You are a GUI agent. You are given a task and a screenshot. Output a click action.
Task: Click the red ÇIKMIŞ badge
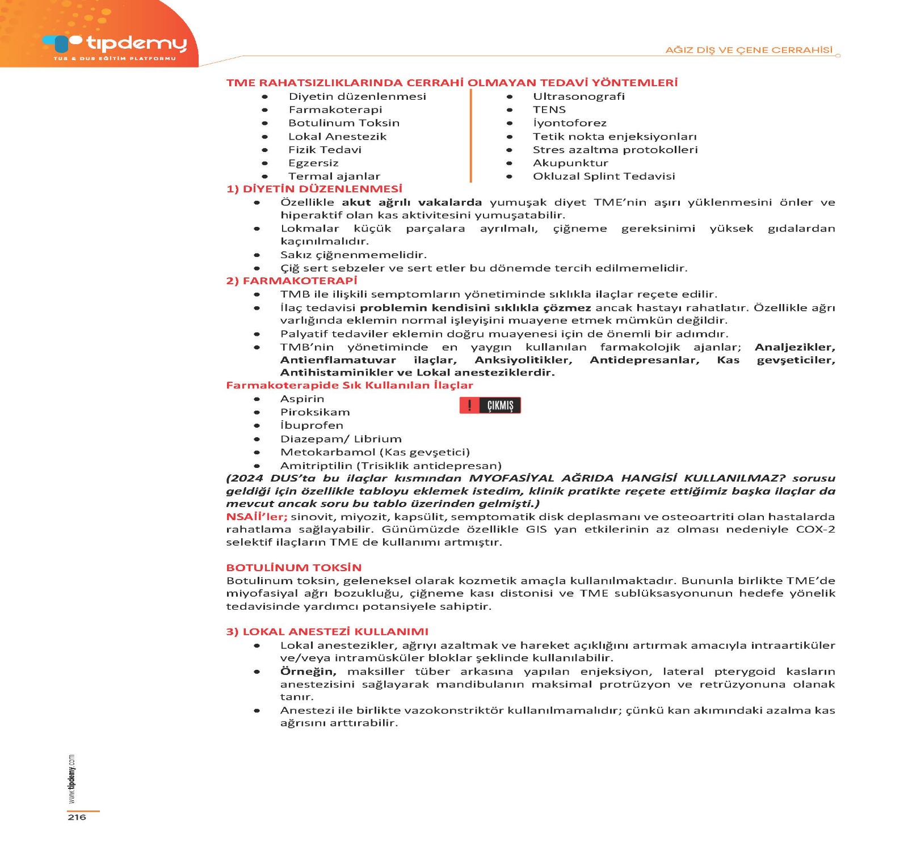click(x=490, y=406)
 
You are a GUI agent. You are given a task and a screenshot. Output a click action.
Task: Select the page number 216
click(x=77, y=817)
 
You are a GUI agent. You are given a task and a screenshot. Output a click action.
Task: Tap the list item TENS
click(x=549, y=109)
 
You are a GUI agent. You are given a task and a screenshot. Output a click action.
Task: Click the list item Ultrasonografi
click(x=578, y=96)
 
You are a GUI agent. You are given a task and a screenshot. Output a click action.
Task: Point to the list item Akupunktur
click(x=570, y=163)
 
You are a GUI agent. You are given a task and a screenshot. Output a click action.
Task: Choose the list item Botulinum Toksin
click(x=343, y=123)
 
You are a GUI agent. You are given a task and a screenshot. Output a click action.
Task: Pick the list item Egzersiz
click(x=313, y=163)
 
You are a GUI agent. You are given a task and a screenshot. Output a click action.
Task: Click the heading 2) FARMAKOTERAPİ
click(x=292, y=281)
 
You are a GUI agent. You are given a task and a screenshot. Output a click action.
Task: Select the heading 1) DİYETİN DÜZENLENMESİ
click(x=314, y=189)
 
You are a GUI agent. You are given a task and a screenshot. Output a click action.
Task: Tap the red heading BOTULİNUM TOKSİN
click(x=293, y=568)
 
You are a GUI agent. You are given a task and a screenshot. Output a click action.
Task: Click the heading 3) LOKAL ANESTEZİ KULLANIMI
click(x=327, y=632)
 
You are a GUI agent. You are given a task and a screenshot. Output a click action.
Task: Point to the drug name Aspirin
click(x=302, y=399)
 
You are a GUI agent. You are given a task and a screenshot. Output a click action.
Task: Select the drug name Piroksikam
click(x=314, y=412)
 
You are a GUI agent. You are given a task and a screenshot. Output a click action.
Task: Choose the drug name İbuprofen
click(x=312, y=425)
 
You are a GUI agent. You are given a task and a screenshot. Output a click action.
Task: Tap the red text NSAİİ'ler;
click(x=257, y=517)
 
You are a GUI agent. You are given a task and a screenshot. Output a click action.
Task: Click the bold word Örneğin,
click(x=308, y=672)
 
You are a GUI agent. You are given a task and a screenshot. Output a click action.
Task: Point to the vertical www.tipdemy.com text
click(x=71, y=778)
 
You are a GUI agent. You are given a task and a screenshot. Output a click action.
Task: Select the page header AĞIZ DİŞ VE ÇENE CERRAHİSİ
click(x=749, y=50)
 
